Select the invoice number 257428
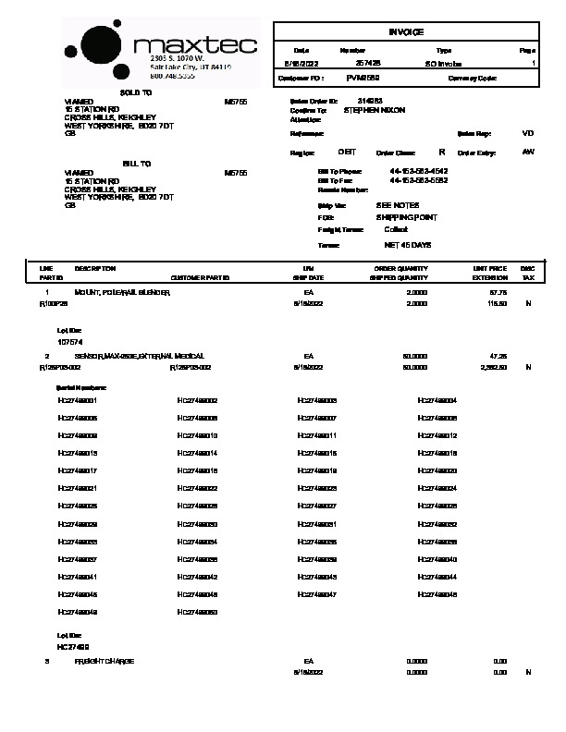[x=354, y=63]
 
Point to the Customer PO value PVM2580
[x=363, y=79]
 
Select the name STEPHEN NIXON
[x=375, y=110]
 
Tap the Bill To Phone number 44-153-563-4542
[x=419, y=172]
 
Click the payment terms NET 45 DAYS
[x=407, y=245]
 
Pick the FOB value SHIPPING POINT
[x=406, y=217]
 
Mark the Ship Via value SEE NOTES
[x=397, y=205]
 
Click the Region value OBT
[x=347, y=152]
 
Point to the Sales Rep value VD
[x=528, y=133]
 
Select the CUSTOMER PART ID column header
[x=201, y=277]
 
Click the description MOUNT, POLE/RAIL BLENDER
[x=123, y=292]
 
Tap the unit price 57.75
[x=498, y=292]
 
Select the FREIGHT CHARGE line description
[x=105, y=661]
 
